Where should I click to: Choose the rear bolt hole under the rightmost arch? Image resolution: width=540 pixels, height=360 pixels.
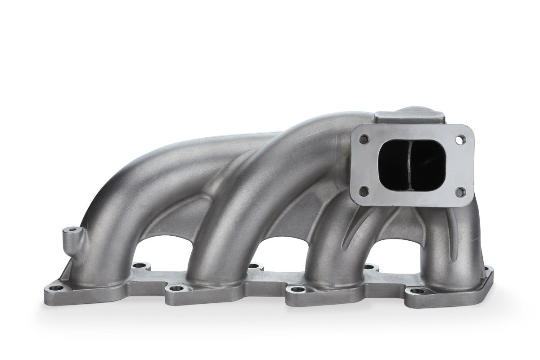pyautogui.click(x=370, y=267)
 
